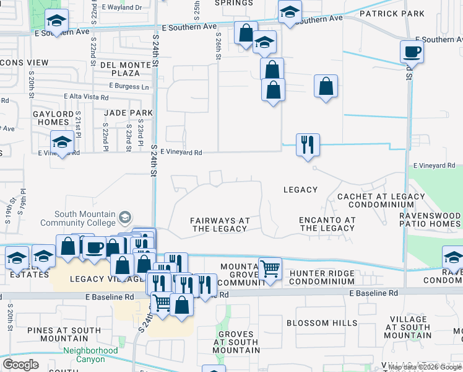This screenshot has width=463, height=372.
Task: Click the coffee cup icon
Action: (x=411, y=51)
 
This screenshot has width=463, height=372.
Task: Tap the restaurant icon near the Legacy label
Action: (x=308, y=144)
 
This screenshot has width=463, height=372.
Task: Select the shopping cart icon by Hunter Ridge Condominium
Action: (x=270, y=268)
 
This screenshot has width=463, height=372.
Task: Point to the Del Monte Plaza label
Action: (x=125, y=69)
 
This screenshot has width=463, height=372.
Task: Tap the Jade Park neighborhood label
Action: (x=129, y=113)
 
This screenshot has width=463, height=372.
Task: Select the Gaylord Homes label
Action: (x=53, y=117)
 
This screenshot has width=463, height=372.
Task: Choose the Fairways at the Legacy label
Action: (x=220, y=224)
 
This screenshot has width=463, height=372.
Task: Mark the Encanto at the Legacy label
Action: (x=327, y=224)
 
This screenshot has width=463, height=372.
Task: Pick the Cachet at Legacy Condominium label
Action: (x=381, y=200)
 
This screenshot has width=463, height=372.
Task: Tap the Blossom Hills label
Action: (x=321, y=323)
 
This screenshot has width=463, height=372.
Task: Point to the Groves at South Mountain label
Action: (x=235, y=342)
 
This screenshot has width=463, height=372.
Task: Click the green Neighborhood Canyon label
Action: (x=90, y=355)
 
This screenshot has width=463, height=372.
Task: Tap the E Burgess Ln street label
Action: (x=129, y=86)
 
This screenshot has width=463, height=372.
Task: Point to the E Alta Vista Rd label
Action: (x=87, y=97)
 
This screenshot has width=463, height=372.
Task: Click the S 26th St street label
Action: (x=219, y=47)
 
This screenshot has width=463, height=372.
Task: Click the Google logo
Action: (x=20, y=364)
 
